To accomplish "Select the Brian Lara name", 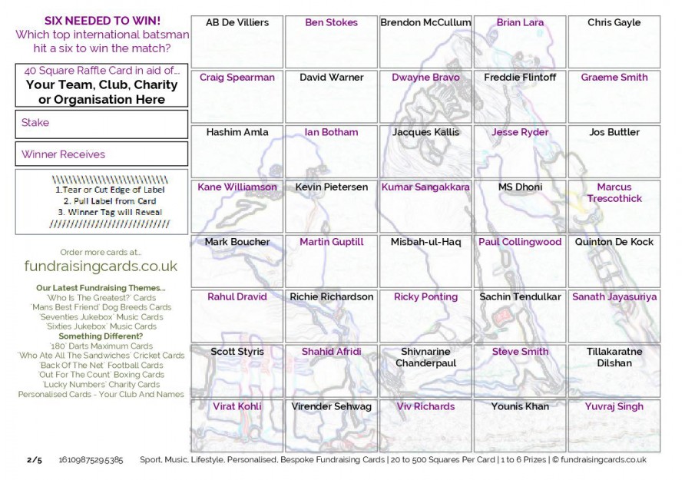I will point(520,23).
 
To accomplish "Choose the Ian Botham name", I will point(331,132).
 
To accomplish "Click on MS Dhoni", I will point(520,187).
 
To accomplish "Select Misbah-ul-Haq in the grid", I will point(425,242).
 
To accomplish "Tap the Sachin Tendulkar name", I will point(520,296).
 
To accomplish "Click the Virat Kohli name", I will point(237,406).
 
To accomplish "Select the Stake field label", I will point(35,123).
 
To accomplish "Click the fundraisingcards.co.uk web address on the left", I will point(101,266).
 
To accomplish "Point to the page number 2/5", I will point(35,460).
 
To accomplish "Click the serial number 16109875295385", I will point(91,460).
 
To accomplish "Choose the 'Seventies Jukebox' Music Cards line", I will point(101,316).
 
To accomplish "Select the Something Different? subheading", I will point(101,336).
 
